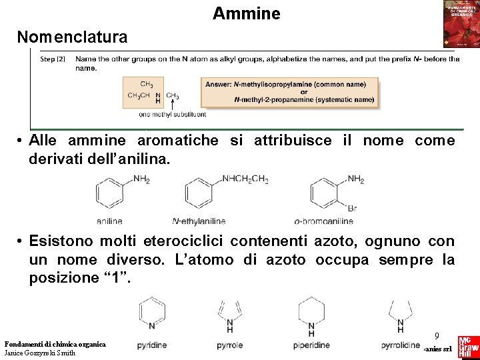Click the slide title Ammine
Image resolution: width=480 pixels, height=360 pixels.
pyautogui.click(x=247, y=13)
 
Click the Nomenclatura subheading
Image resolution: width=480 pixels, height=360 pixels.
pyautogui.click(x=72, y=37)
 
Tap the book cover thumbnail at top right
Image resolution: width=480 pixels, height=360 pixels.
pyautogui.click(x=461, y=24)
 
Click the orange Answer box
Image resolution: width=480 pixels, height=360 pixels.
pyautogui.click(x=289, y=93)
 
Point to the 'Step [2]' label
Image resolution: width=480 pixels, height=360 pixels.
pyautogui.click(x=53, y=59)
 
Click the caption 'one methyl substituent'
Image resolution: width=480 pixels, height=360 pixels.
pyautogui.click(x=172, y=115)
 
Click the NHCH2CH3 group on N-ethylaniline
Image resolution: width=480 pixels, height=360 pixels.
pyautogui.click(x=245, y=179)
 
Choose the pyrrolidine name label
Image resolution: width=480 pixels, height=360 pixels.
pyautogui.click(x=401, y=346)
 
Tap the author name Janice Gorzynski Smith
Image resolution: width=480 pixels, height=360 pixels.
pyautogui.click(x=40, y=353)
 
